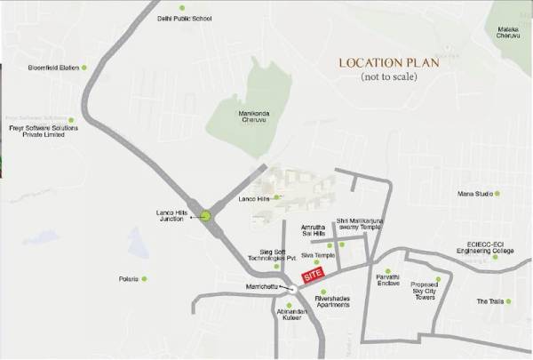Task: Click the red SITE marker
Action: point(312,276)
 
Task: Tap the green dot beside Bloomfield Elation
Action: point(85,68)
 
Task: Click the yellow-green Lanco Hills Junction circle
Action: point(206,215)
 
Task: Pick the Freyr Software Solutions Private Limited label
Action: point(44,131)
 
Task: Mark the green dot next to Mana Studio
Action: point(497,193)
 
